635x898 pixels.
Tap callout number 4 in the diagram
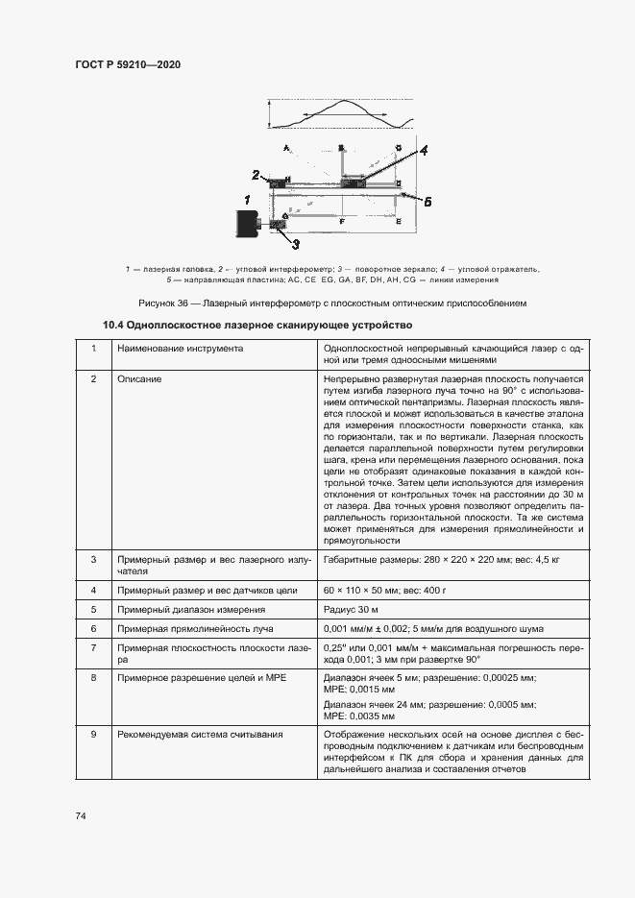pyautogui.click(x=424, y=150)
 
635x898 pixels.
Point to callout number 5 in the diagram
pyautogui.click(x=427, y=202)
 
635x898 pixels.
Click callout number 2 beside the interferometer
pyautogui.click(x=256, y=175)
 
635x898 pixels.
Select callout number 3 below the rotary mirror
pyautogui.click(x=295, y=243)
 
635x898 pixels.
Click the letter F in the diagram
pyautogui.click(x=342, y=222)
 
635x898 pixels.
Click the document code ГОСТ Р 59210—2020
pyautogui.click(x=128, y=64)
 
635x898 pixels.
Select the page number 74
pyautogui.click(x=81, y=815)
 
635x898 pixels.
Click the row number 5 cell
pyautogui.click(x=94, y=609)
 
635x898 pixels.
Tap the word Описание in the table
pyautogui.click(x=139, y=379)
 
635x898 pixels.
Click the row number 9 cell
pyautogui.click(x=94, y=735)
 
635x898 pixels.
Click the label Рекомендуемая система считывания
pyautogui.click(x=200, y=735)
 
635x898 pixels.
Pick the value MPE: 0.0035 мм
pyautogui.click(x=361, y=716)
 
